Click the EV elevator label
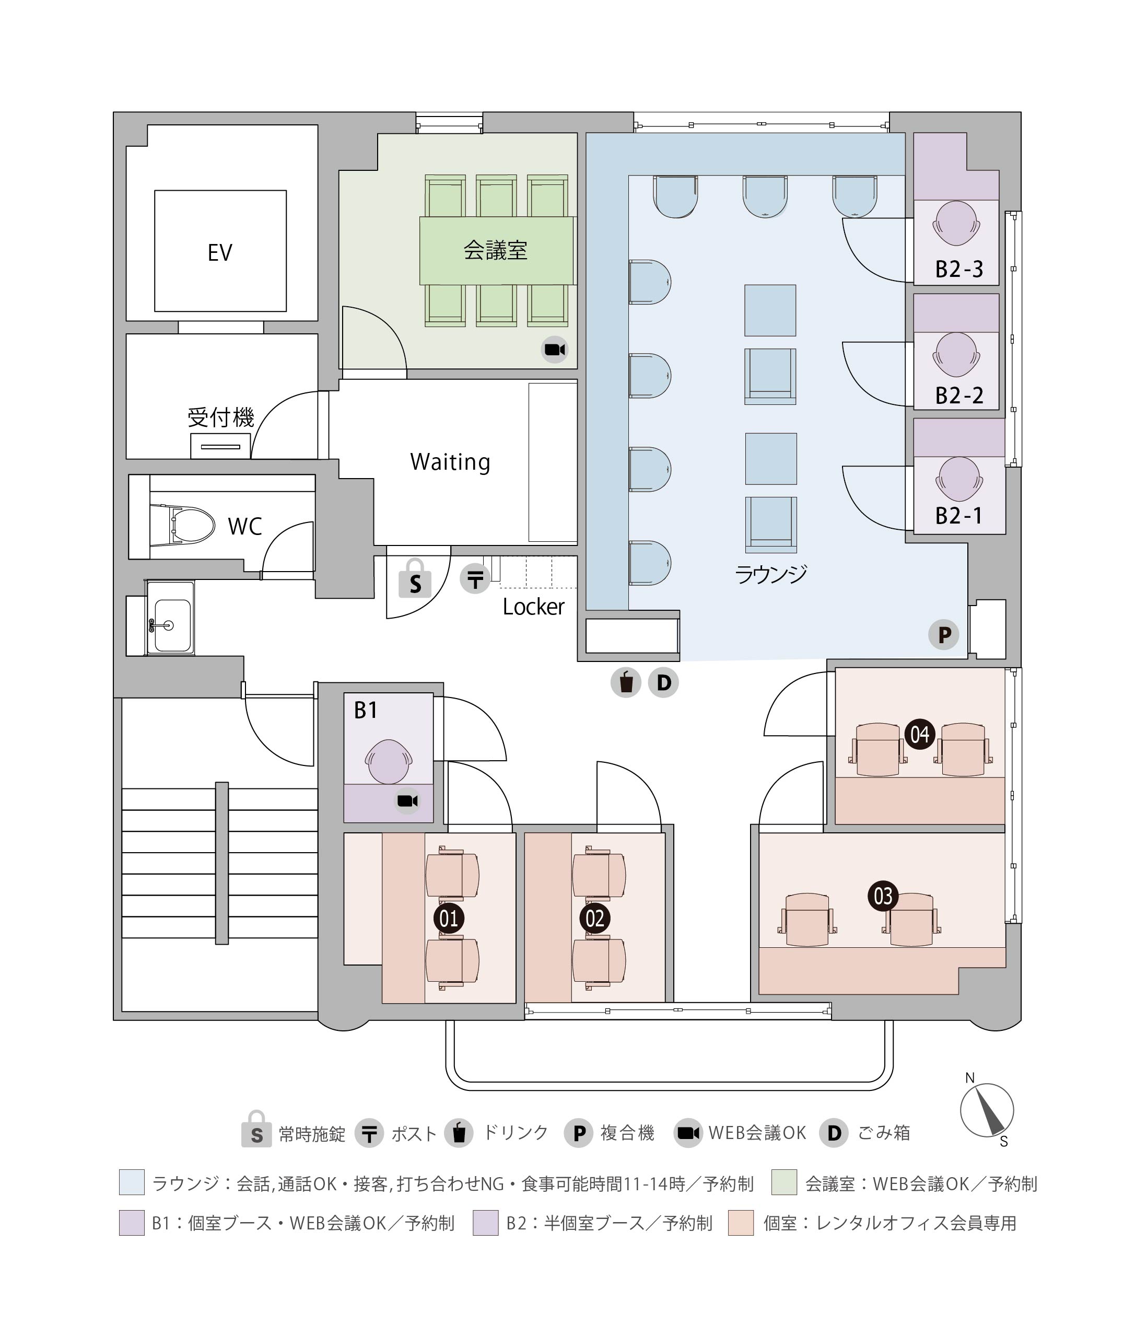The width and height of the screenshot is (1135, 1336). [219, 253]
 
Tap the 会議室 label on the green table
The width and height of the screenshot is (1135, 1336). [496, 250]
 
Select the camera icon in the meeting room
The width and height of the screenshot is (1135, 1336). [554, 350]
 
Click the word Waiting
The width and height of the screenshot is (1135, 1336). [450, 461]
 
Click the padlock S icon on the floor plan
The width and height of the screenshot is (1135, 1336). [415, 578]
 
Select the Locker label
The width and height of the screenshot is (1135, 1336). [533, 606]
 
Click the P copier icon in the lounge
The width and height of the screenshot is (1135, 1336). [943, 634]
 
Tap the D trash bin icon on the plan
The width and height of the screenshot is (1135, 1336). [663, 682]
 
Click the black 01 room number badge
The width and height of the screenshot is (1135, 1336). [449, 919]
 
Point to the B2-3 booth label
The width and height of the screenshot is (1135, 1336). [958, 269]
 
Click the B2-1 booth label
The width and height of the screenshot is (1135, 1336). [958, 516]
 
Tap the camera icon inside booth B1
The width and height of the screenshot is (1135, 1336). [407, 800]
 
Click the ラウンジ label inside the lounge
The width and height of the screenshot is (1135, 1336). [771, 573]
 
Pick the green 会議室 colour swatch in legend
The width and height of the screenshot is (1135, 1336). [785, 1183]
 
